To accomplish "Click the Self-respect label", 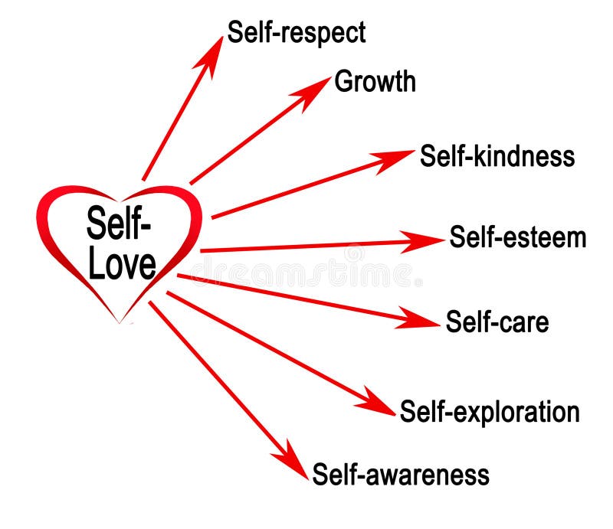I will pos(296,32).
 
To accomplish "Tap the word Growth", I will pos(375,81).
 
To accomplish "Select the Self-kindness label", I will pos(497,156).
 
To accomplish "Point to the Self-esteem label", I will pos(517,237).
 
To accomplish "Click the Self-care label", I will pos(497,322).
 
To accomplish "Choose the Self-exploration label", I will pos(489,411).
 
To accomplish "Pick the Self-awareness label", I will pos(400,474).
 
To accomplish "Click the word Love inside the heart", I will pos(122,263).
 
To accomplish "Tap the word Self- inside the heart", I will pos(119,225).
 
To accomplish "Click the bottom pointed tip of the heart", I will pos(120,322).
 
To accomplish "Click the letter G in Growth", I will pos(343,81).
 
